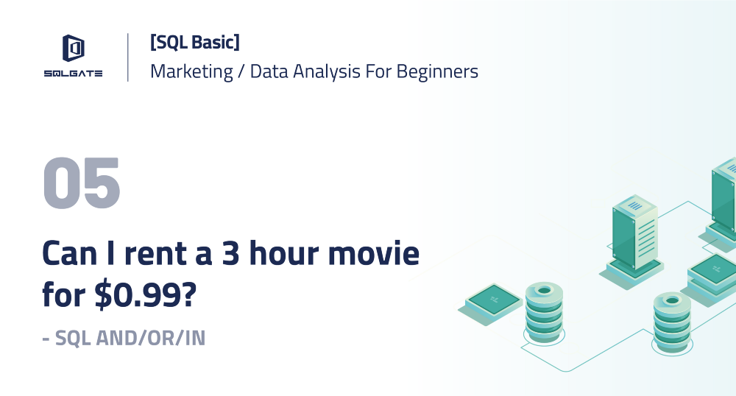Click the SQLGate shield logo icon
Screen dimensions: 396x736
[x=73, y=49]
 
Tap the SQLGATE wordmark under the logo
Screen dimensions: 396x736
[x=73, y=73]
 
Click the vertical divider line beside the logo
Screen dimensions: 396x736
[x=128, y=57]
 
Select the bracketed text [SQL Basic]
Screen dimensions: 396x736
[x=194, y=43]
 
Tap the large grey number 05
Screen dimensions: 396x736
[x=82, y=183]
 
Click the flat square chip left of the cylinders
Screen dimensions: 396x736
[x=495, y=300]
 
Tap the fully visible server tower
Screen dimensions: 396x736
[x=634, y=234]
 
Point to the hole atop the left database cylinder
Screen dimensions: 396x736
[x=544, y=290]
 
